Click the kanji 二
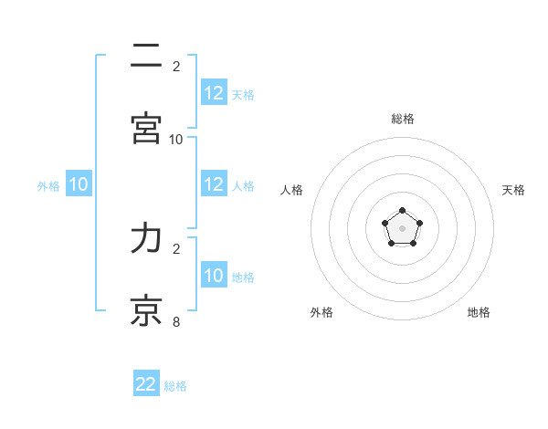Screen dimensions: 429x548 146,58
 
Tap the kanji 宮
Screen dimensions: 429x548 146,129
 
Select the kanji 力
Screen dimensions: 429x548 146,238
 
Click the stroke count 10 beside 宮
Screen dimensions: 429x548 176,139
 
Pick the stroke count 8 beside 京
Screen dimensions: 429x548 176,320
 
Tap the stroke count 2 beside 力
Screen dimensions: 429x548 176,248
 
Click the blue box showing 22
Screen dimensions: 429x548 146,384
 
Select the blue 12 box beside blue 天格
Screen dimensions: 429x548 214,92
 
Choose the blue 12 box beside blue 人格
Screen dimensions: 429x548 214,184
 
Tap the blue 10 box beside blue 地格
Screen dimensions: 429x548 214,276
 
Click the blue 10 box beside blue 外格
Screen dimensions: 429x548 79,184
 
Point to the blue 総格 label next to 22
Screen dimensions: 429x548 175,386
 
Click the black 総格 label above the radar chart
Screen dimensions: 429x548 403,119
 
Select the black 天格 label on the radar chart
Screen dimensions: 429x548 513,190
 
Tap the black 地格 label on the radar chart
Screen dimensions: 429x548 479,312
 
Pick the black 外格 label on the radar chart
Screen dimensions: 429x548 321,312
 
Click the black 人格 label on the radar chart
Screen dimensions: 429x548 292,190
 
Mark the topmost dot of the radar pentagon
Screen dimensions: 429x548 402,211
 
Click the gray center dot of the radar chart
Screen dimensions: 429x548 402,228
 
